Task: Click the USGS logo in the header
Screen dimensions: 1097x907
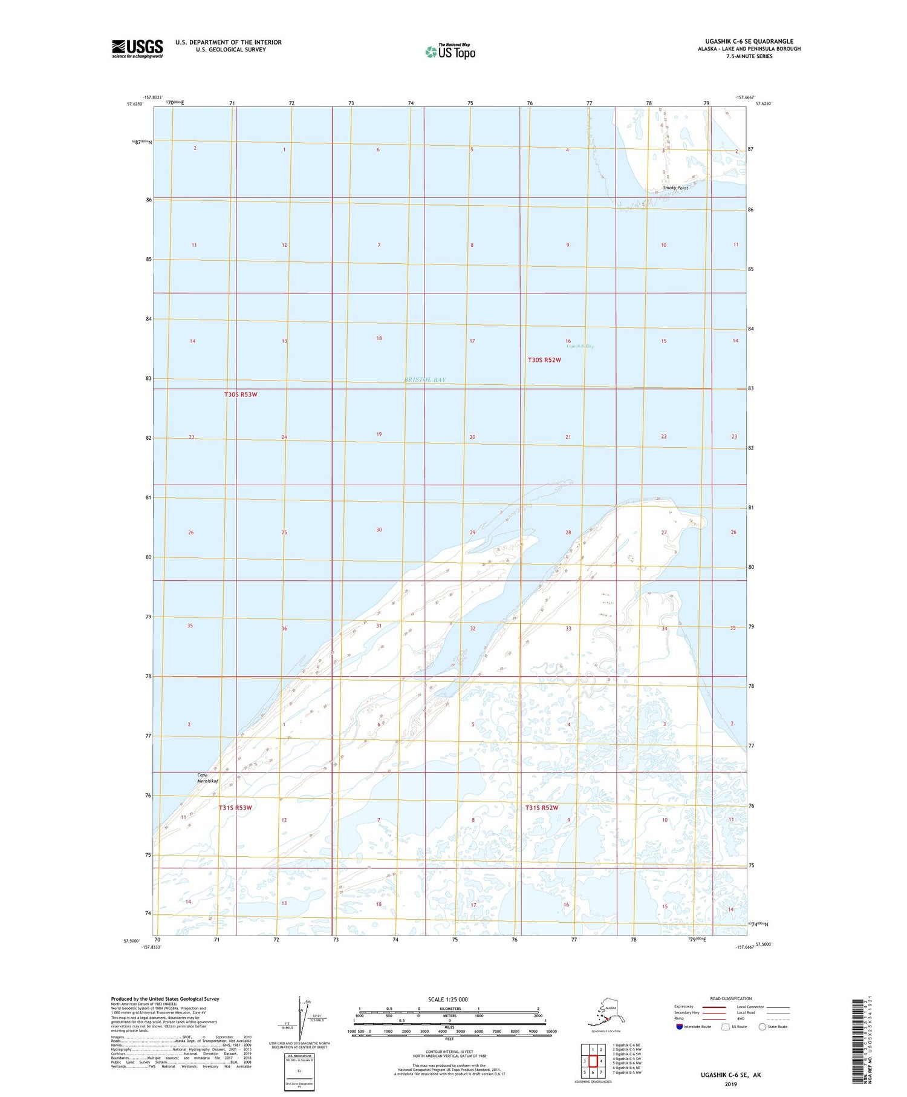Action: (137, 48)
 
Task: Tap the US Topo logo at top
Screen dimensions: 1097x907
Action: (450, 51)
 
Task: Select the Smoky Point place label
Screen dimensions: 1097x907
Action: (675, 188)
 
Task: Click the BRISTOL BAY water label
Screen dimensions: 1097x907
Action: (425, 379)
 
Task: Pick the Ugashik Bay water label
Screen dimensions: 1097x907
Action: (580, 346)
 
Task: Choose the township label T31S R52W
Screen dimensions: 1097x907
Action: (541, 808)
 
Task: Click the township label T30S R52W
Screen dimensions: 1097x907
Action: (544, 360)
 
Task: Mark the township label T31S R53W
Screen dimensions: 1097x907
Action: (235, 808)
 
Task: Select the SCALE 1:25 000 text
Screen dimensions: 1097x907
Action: (447, 999)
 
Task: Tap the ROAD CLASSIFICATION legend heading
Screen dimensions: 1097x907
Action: (730, 998)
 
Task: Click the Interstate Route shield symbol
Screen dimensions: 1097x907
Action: (680, 1026)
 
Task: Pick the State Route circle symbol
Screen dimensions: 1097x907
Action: (762, 1026)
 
